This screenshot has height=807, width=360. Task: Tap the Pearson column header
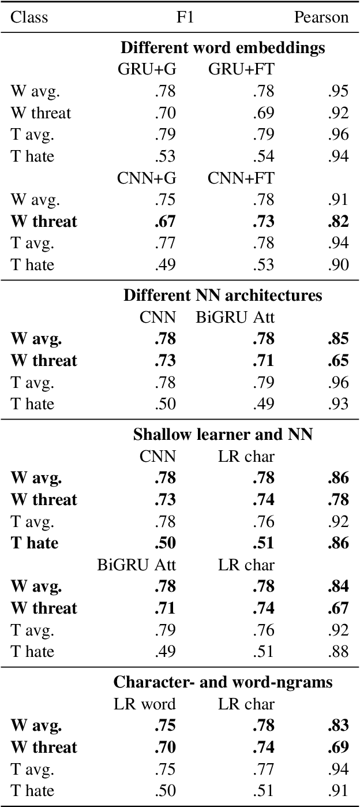tap(321, 17)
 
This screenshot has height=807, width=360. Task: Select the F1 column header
tap(185, 17)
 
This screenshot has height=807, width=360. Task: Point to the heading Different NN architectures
tap(223, 296)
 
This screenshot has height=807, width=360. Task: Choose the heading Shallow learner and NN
tap(223, 434)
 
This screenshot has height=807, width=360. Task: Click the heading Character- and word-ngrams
tap(223, 682)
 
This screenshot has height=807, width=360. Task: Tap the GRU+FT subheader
tap(241, 69)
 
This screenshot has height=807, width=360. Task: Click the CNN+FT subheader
tap(241, 178)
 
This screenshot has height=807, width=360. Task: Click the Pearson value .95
tap(338, 91)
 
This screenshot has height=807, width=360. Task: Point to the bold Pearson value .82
tap(338, 222)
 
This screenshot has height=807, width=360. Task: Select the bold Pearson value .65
tap(338, 361)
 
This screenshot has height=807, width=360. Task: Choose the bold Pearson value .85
tap(338, 339)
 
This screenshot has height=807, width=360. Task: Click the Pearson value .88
tap(338, 652)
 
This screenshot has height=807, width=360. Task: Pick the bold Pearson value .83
tap(338, 726)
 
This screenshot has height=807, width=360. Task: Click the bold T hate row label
tap(35, 543)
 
